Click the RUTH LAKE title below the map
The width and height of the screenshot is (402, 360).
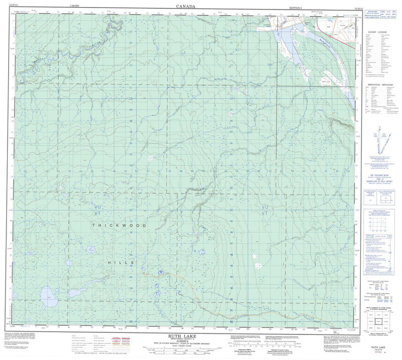coord(181,336)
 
